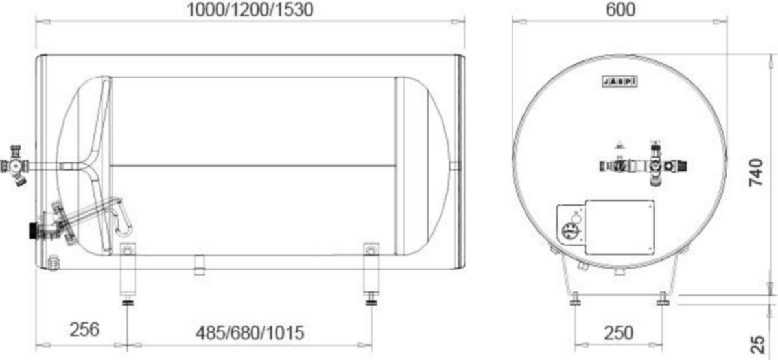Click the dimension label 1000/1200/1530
click(250, 9)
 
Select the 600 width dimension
click(620, 9)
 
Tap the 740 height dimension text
click(756, 173)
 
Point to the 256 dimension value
click(84, 330)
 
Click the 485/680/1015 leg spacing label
click(250, 333)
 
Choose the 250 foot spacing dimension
click(619, 333)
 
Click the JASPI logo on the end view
click(620, 81)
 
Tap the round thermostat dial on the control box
click(570, 231)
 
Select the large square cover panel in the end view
click(620, 227)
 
